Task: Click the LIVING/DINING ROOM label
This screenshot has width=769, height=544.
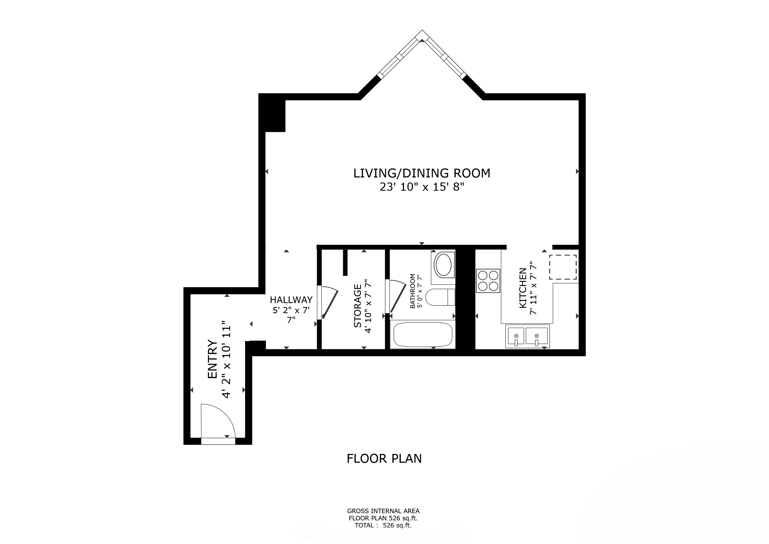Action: [x=422, y=173]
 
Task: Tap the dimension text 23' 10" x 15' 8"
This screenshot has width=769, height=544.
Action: [x=422, y=187]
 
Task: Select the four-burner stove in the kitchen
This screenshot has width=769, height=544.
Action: [x=488, y=281]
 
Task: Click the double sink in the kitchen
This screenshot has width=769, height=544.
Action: [x=528, y=336]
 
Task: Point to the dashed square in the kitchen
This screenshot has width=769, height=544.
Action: [x=563, y=267]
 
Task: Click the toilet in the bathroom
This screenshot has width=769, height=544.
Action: [x=440, y=297]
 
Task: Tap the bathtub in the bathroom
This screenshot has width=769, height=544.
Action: [x=423, y=335]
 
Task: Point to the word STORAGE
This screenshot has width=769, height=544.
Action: [x=358, y=306]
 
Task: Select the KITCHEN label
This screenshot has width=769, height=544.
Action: [x=523, y=288]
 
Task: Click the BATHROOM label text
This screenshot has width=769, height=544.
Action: [x=413, y=291]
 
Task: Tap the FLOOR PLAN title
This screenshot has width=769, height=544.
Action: [x=384, y=458]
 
